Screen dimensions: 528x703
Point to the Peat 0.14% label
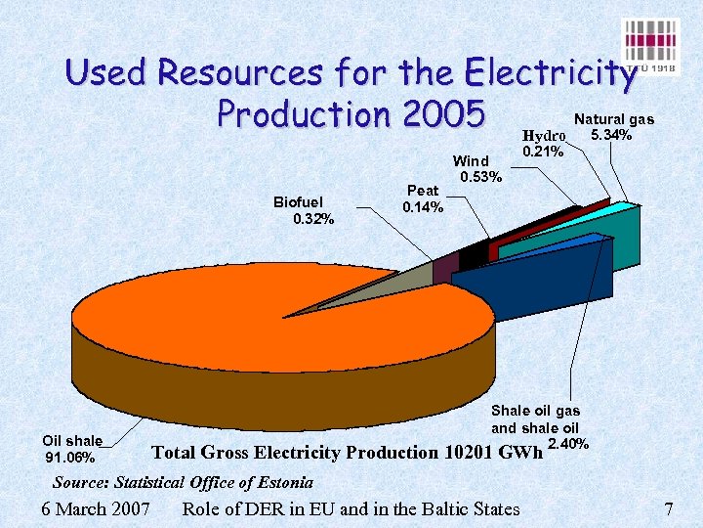point(423,199)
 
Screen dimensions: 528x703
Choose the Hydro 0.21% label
point(543,143)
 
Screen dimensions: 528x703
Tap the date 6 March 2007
point(97,508)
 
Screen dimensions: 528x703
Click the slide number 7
point(669,508)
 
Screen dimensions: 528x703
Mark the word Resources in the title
point(245,72)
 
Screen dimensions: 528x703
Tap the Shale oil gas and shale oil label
point(535,419)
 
